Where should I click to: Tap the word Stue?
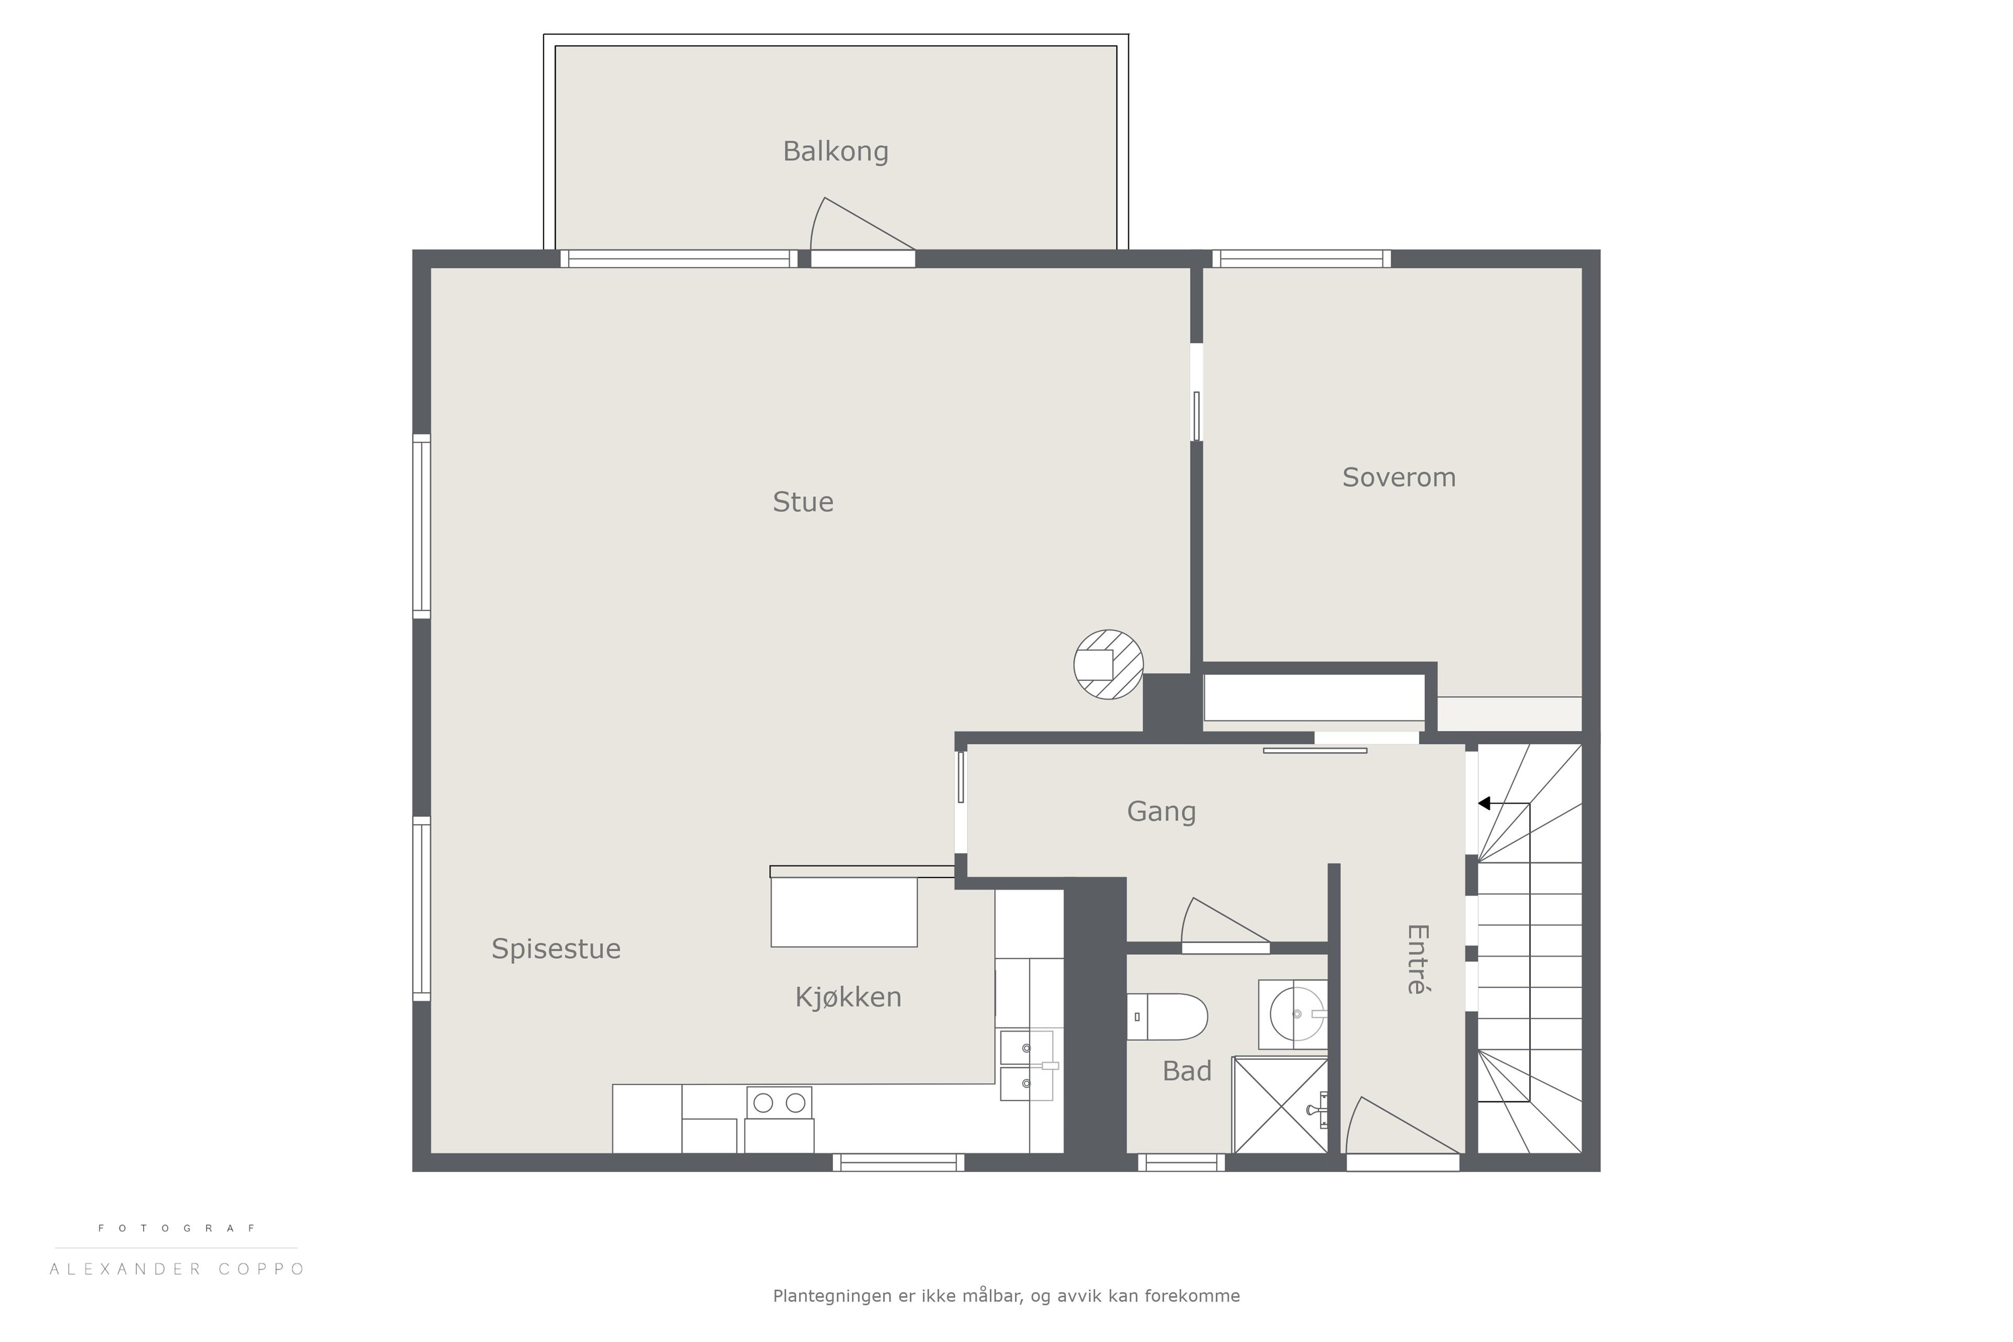click(x=803, y=502)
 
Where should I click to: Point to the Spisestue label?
click(x=556, y=949)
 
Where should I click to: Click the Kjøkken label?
click(x=848, y=997)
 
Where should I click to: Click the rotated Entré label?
click(x=1417, y=959)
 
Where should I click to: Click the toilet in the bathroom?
click(x=1166, y=1017)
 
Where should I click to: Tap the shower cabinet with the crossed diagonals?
click(x=1280, y=1105)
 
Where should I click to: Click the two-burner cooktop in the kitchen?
click(x=779, y=1102)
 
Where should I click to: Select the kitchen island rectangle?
click(x=844, y=912)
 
